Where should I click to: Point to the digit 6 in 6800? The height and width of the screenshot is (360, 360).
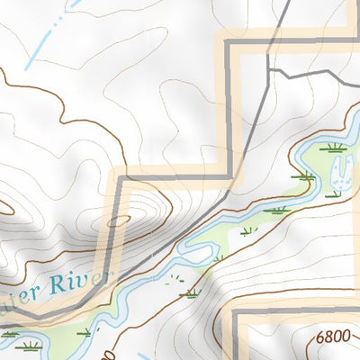coord(321,337)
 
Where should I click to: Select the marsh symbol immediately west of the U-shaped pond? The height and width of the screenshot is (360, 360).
coord(306,176)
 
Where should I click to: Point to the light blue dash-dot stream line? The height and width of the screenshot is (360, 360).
coord(45,40)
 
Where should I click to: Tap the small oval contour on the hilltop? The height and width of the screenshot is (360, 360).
coord(118,219)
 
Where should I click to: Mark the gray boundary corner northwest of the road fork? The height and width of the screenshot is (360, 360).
coord(228,40)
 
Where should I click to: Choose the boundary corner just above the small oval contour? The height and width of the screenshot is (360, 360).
coord(123,175)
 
